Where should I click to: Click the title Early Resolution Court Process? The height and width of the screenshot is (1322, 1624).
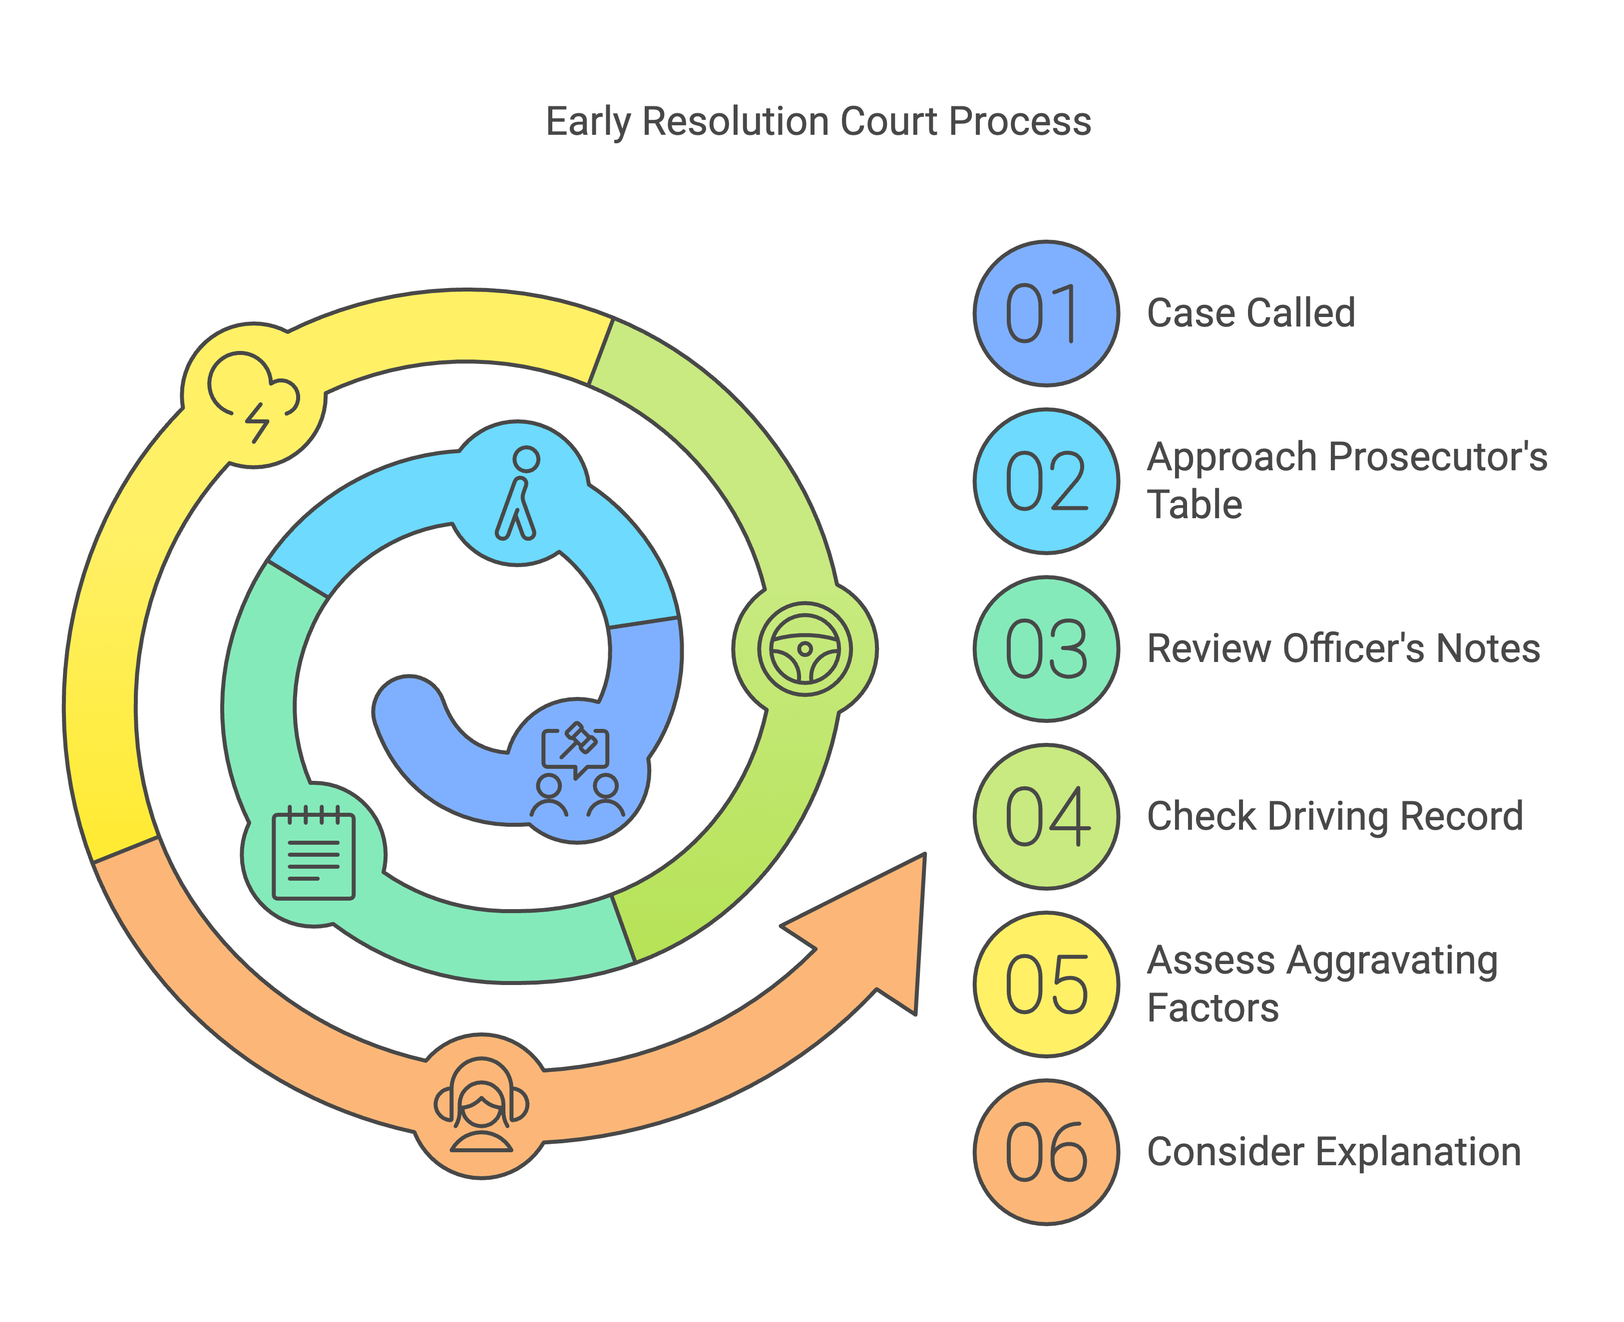tap(818, 122)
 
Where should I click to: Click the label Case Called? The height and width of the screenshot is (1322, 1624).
tap(1251, 313)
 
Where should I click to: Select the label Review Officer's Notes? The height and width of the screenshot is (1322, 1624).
tap(1343, 649)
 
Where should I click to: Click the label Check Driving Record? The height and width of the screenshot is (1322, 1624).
tap(1334, 816)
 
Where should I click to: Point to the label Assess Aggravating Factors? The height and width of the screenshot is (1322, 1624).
tap(1321, 984)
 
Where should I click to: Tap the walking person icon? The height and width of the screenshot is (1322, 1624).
tap(518, 493)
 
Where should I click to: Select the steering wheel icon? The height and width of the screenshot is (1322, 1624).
tap(805, 649)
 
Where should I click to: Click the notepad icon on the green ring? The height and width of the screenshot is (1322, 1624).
tap(313, 854)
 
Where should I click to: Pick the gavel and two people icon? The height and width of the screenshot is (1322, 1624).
tap(577, 773)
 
